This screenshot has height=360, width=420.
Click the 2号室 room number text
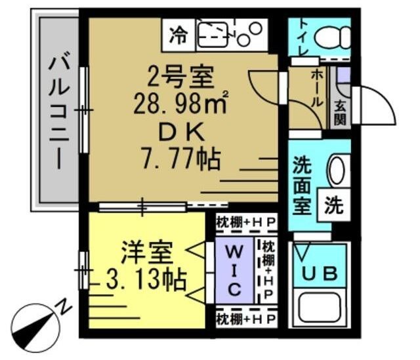coord(181,77)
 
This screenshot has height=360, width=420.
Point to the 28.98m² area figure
coord(181,104)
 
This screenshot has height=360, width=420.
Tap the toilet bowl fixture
coord(331,37)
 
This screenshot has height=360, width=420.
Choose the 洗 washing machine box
coord(333,207)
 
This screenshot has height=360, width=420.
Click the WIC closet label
coord(236,270)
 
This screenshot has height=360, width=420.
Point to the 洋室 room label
coord(148,252)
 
